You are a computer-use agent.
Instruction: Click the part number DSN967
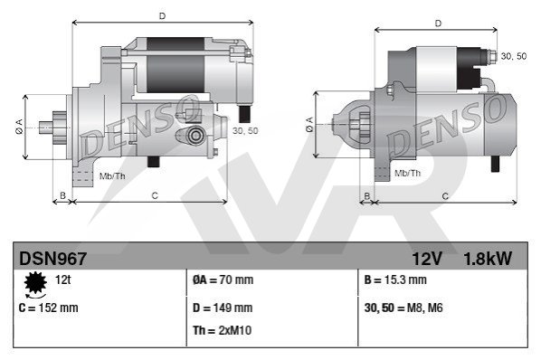52,259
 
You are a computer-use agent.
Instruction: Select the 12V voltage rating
427,259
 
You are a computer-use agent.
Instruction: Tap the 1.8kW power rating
488,259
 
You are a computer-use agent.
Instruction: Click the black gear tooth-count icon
35,283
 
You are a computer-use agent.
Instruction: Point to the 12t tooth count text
62,279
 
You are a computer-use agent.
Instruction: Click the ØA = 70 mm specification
223,279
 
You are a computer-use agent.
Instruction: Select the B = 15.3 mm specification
395,279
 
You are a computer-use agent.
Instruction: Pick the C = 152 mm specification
48,308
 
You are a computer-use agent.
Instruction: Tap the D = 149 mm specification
223,308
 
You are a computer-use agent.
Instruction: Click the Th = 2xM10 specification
223,330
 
